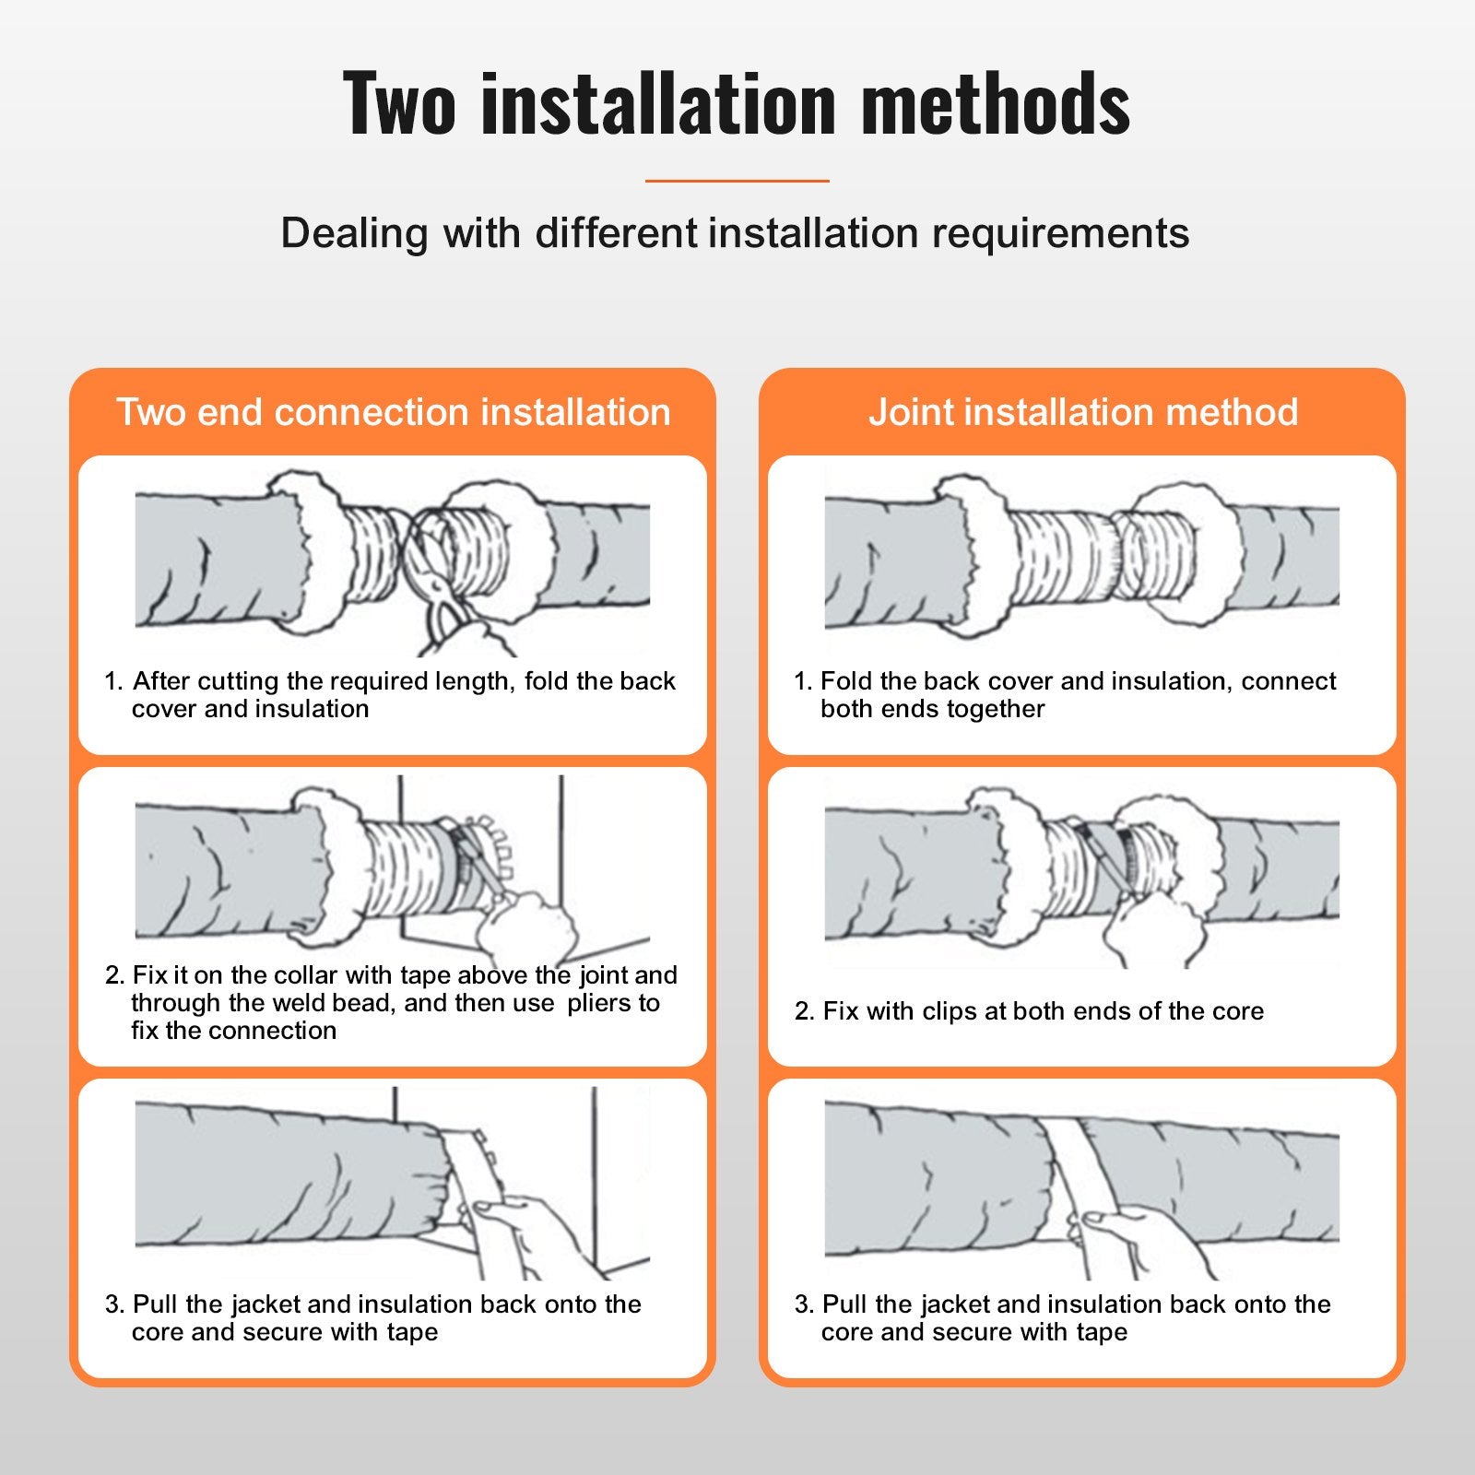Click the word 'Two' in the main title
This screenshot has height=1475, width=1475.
tap(398, 103)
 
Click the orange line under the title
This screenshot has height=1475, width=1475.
tap(737, 181)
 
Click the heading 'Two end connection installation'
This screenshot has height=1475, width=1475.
tap(393, 412)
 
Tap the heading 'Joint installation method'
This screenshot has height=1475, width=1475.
tap(1082, 412)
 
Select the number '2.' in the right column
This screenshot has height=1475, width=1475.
tap(804, 1011)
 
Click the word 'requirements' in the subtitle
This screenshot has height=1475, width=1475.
tap(1060, 233)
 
